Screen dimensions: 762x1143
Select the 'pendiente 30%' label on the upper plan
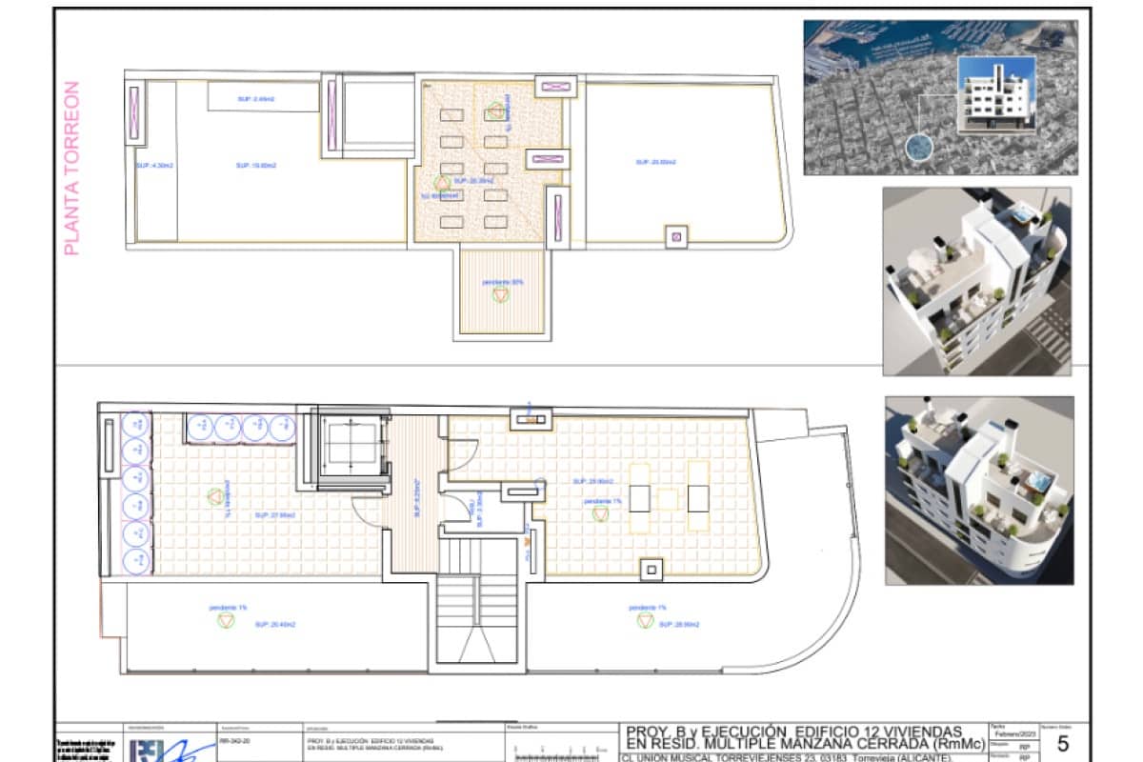click(x=502, y=282)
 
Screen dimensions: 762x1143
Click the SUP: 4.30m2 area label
click(x=153, y=165)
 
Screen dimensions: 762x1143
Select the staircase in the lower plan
click(x=481, y=610)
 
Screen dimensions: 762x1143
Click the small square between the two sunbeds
click(x=670, y=498)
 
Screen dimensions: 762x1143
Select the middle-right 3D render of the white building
click(x=977, y=280)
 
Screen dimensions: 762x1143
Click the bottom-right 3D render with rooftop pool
click(x=979, y=490)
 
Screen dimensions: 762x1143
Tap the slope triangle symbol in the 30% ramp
click(x=501, y=295)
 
